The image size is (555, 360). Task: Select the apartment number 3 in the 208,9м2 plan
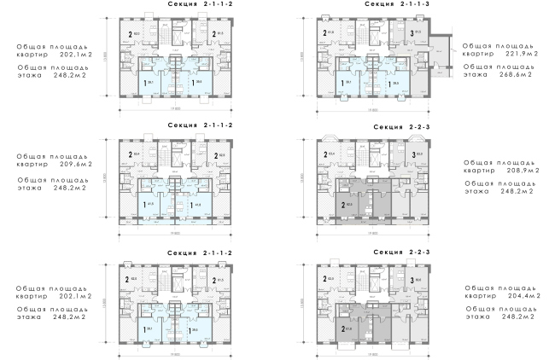coord(412,155)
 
